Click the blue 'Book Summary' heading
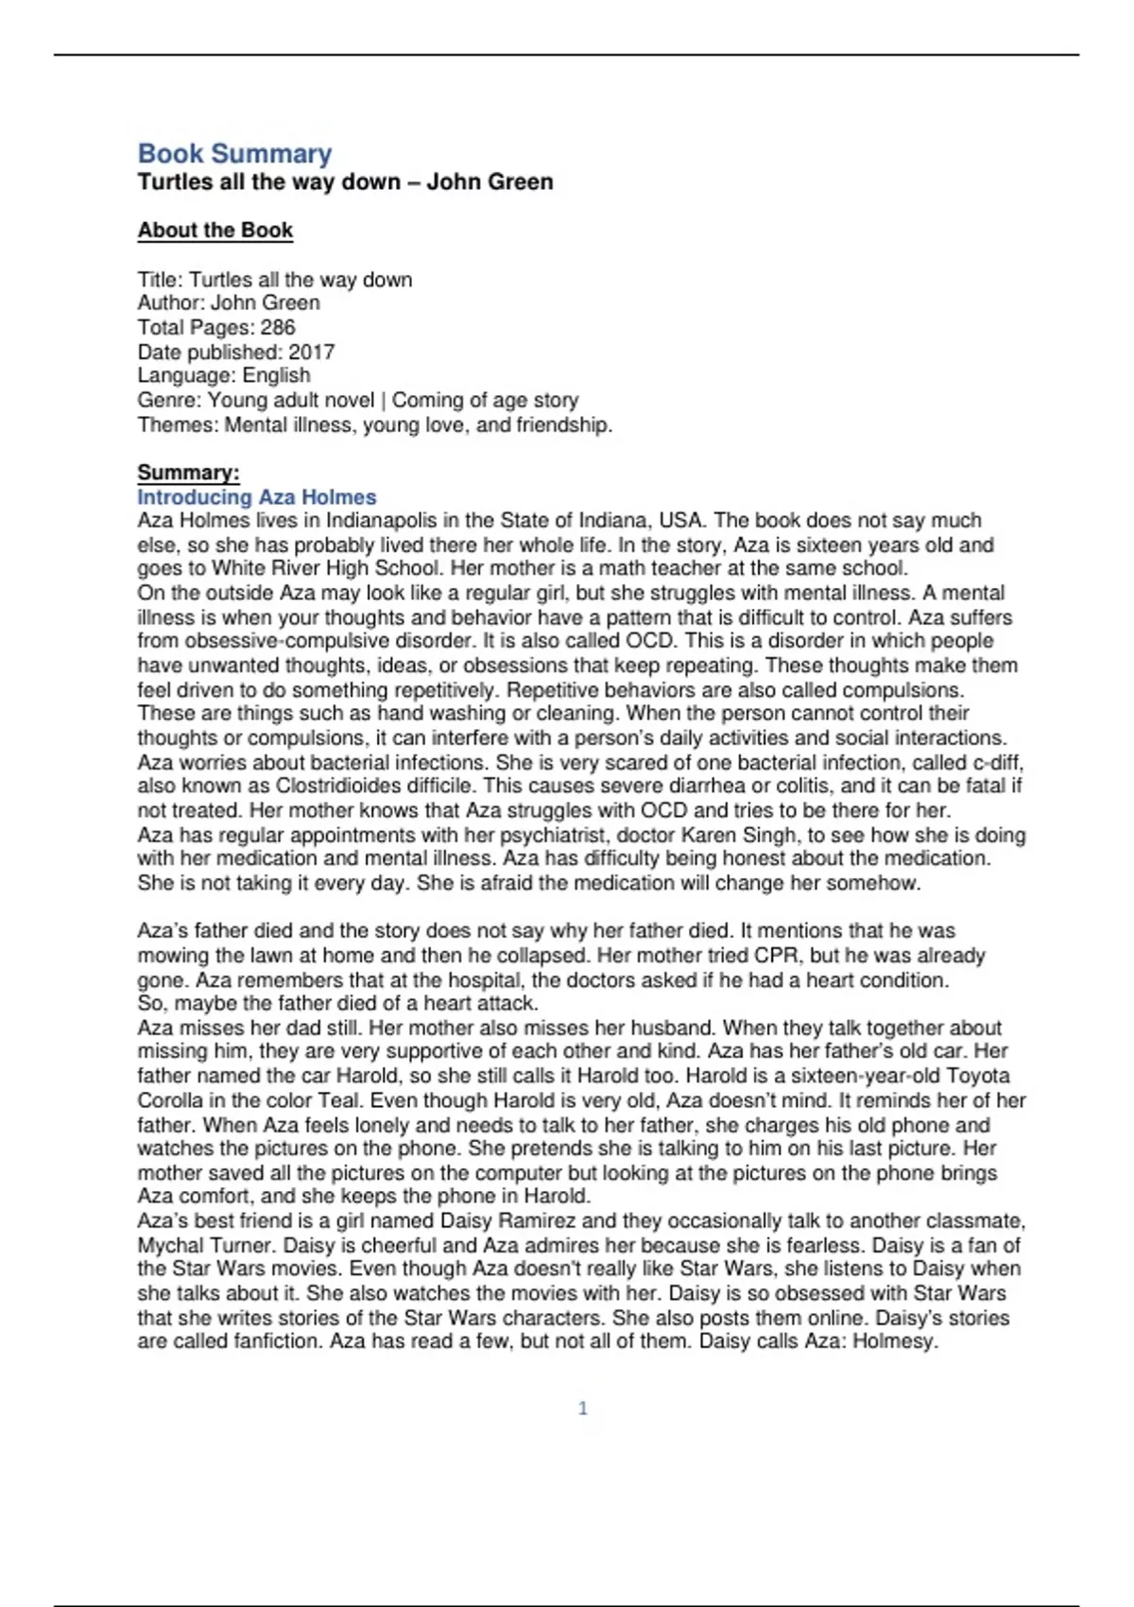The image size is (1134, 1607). pos(234,153)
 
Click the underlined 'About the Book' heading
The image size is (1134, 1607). pos(215,230)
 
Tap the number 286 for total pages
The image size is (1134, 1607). pos(278,327)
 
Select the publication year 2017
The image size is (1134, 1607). pos(312,352)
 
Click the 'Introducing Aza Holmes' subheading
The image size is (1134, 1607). pos(257,496)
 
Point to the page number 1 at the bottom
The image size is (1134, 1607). pos(582,1408)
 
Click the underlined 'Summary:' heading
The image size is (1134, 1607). pos(188,473)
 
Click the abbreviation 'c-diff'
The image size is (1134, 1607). pos(997,762)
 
